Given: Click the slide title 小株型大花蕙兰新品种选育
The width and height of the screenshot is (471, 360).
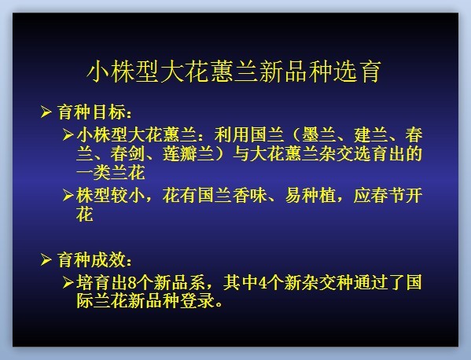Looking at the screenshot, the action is point(234,72).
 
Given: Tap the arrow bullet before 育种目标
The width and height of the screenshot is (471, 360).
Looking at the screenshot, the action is point(46,112).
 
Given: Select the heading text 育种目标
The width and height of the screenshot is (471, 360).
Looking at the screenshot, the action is point(91,112).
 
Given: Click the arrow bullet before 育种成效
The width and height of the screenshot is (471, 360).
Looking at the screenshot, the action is point(46,259).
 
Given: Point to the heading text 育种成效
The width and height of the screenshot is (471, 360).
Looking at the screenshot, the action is point(91,260).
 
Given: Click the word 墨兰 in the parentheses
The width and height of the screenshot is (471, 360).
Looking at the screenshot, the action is point(318,135).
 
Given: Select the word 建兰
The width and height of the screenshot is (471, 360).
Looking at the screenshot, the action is point(370,135).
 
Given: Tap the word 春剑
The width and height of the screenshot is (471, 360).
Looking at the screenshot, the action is point(128,154).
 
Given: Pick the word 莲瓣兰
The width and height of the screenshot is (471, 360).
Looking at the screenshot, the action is point(189,154).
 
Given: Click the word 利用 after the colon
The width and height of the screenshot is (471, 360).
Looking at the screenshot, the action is point(232,135).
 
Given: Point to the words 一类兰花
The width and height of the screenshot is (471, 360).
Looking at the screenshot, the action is point(111,173).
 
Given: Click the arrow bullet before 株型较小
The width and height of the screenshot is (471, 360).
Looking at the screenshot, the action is point(68,196).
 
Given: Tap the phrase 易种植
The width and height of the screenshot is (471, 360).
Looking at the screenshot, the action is point(311,196).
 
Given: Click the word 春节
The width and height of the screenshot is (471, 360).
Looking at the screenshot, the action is point(388,196).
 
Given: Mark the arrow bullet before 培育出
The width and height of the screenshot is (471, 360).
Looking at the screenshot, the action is point(68,282).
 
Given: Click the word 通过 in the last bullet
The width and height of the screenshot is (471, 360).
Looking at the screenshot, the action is point(370,282).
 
